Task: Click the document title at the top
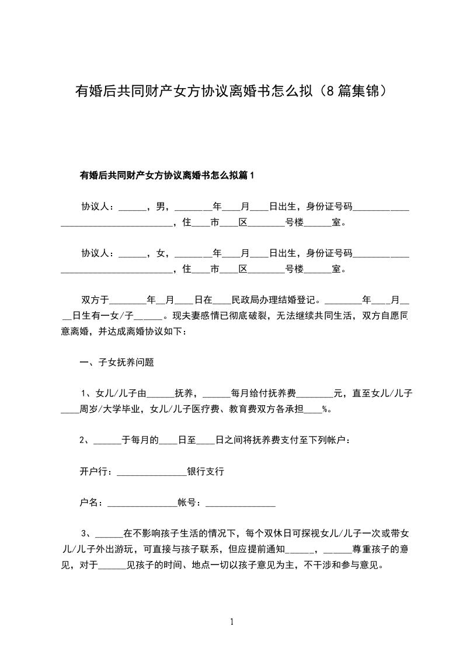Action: pyautogui.click(x=231, y=92)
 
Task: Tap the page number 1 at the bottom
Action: pyautogui.click(x=232, y=622)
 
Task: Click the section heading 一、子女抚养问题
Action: pyautogui.click(x=117, y=362)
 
